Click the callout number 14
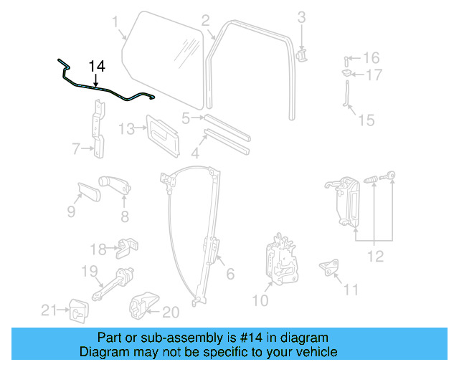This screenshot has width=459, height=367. click(97, 66)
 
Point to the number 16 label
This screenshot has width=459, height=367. click(371, 57)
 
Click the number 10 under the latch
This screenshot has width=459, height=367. click(260, 301)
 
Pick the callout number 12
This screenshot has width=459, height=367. click(375, 256)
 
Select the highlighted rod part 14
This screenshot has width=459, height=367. click(108, 90)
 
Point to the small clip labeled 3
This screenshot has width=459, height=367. click(301, 54)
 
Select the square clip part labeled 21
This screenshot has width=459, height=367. click(76, 310)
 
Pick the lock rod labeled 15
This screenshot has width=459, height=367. click(347, 96)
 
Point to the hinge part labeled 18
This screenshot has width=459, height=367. click(128, 248)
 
